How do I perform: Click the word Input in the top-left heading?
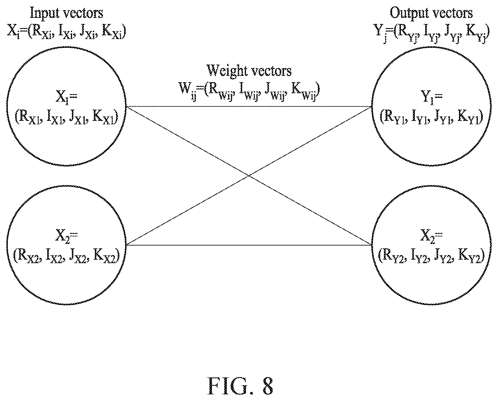tap(45, 14)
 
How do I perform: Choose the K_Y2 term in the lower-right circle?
tap(470, 257)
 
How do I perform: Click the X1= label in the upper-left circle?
tap(66, 97)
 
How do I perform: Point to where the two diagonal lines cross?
tap(249, 176)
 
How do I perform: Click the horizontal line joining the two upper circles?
tap(249, 107)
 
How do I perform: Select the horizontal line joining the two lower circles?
tap(249, 245)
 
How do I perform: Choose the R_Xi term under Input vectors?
tap(42, 32)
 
